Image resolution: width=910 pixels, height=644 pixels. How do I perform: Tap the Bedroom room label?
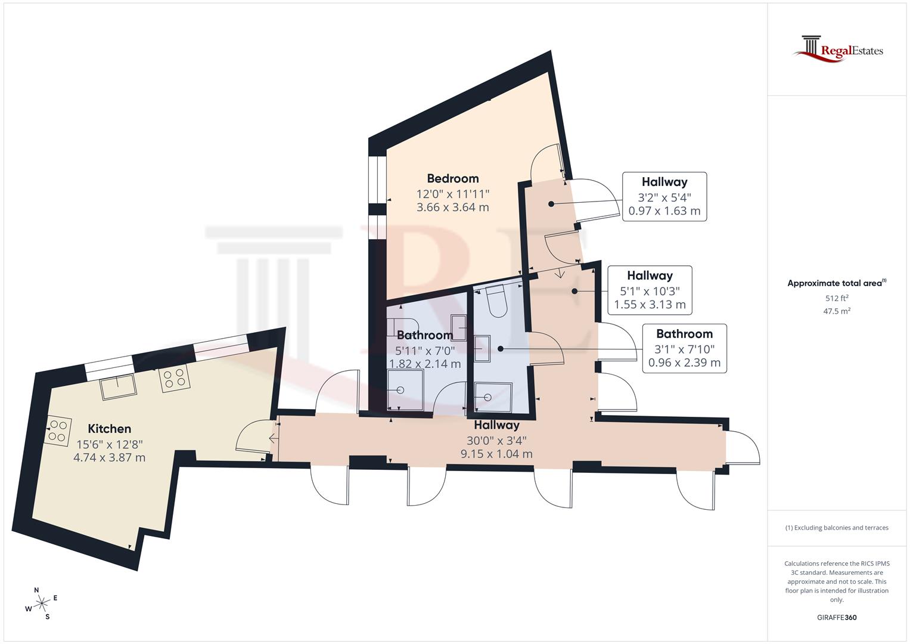click(x=452, y=178)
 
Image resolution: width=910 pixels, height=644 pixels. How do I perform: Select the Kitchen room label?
click(x=109, y=428)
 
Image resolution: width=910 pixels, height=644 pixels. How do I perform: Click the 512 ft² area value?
click(x=837, y=298)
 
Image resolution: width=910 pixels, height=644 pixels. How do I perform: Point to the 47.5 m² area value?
click(x=837, y=311)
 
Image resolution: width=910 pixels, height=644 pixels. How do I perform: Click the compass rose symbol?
click(x=41, y=603)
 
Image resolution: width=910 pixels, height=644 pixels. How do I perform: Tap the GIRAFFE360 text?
click(x=836, y=617)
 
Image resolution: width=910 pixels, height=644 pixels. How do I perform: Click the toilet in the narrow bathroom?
click(x=496, y=302)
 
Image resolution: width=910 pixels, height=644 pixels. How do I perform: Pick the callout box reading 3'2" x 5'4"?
click(x=664, y=197)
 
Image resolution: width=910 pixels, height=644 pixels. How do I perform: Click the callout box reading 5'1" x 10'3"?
click(x=650, y=290)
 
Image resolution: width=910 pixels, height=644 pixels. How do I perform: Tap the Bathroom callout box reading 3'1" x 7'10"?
click(x=684, y=349)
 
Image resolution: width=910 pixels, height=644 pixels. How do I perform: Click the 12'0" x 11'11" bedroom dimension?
click(x=452, y=193)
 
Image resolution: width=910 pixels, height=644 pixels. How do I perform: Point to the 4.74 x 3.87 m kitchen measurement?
click(x=109, y=457)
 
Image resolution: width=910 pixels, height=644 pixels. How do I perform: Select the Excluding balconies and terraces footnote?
click(x=837, y=528)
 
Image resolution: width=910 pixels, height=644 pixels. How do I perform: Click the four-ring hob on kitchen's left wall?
click(x=57, y=431)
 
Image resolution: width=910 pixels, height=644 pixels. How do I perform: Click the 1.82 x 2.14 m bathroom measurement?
click(x=424, y=363)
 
